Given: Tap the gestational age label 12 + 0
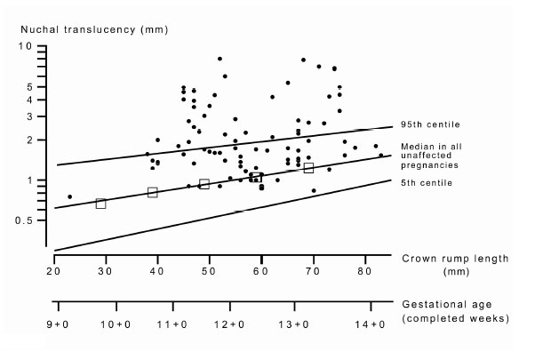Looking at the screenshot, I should pyautogui.click(x=230, y=326).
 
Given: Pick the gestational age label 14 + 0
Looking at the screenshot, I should pyautogui.click(x=371, y=326).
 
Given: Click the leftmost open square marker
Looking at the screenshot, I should pyautogui.click(x=100, y=204).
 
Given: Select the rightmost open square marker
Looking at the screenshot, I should pyautogui.click(x=309, y=168).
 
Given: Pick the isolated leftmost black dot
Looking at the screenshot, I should pyautogui.click(x=69, y=196).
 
